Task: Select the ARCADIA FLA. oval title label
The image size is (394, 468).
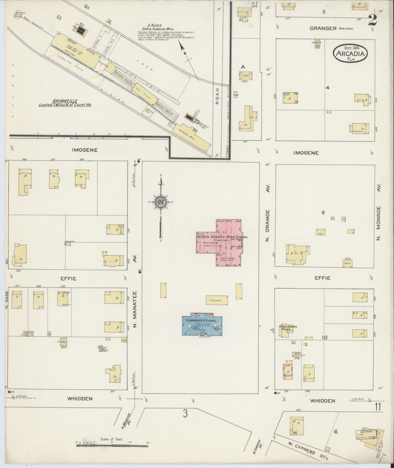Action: (x=350, y=54)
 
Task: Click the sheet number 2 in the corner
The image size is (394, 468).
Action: (x=372, y=21)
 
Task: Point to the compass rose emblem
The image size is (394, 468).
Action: (x=161, y=202)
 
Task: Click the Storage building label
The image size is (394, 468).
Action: (x=217, y=300)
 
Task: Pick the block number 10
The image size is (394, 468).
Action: (x=324, y=337)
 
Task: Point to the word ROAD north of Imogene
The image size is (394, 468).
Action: (x=217, y=96)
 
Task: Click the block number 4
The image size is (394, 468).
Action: (x=327, y=88)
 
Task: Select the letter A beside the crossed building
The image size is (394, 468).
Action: (x=243, y=67)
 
